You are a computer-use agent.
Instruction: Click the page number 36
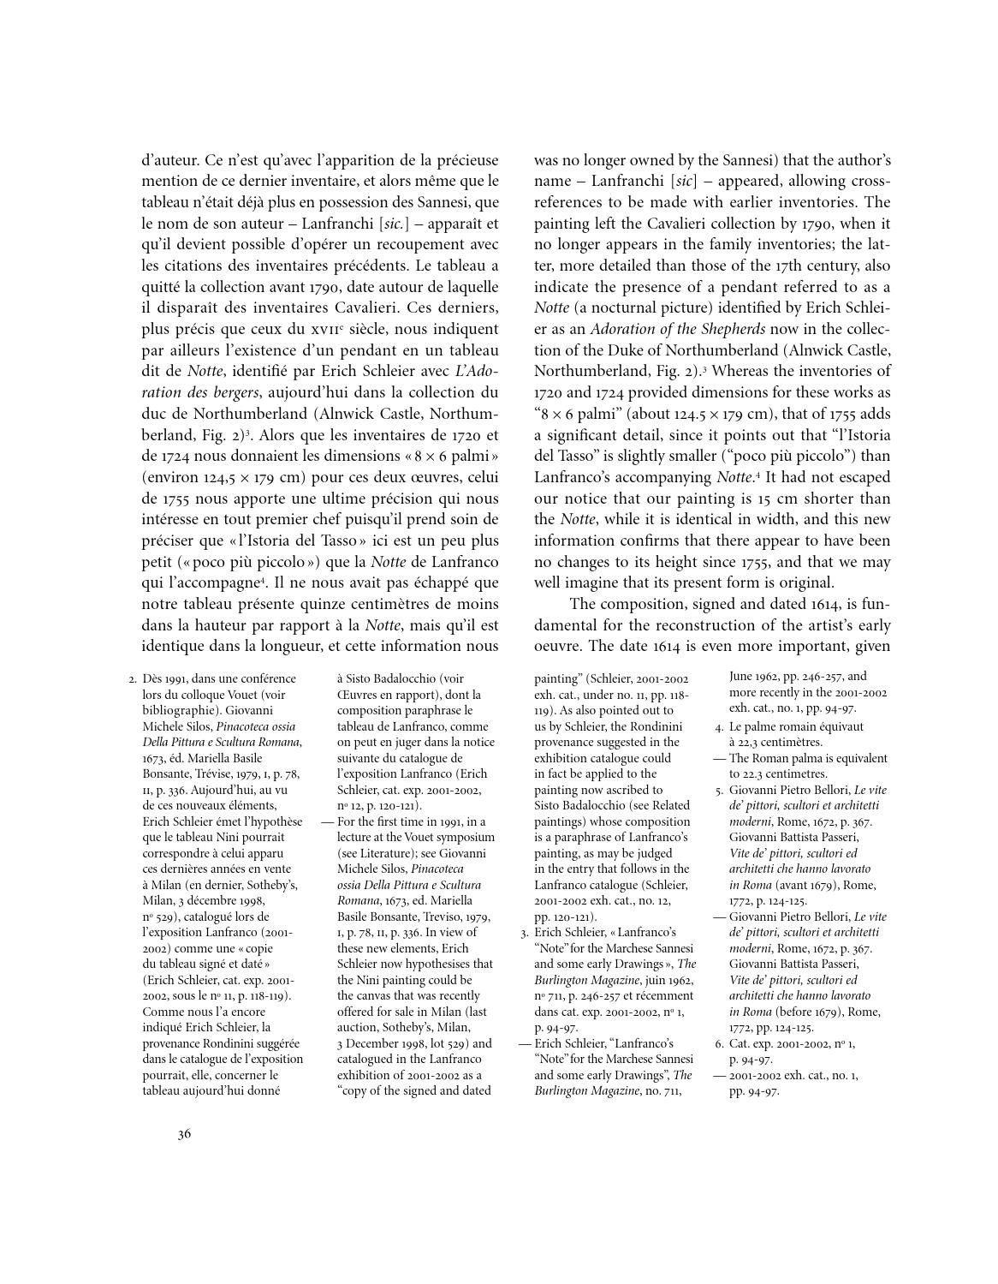[184, 1135]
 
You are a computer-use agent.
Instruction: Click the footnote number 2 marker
[132, 679]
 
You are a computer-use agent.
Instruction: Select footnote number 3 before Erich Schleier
[524, 932]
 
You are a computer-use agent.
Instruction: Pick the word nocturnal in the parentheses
[612, 308]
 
